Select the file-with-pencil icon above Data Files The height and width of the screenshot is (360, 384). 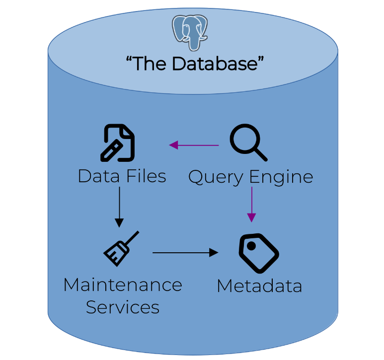(118, 144)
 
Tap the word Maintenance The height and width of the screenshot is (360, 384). (123, 285)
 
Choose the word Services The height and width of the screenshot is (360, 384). (123, 307)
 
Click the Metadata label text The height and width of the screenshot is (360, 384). (259, 286)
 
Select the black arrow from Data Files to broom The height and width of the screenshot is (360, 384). (119, 206)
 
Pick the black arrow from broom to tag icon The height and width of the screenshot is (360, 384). (185, 253)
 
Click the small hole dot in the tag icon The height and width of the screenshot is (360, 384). (251, 245)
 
